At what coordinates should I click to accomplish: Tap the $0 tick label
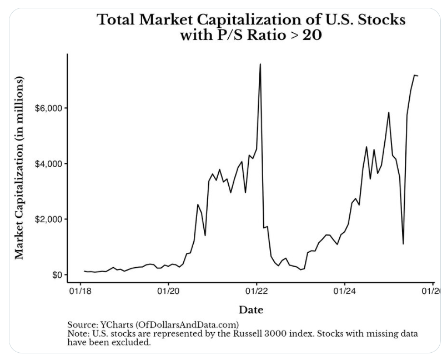coord(57,275)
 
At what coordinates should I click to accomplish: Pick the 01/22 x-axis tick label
coord(257,290)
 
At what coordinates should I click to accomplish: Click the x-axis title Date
coord(251,309)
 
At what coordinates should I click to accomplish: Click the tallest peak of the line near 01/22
coord(260,64)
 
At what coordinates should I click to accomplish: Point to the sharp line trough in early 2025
coord(403,243)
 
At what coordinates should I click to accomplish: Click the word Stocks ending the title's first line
coord(379,20)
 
